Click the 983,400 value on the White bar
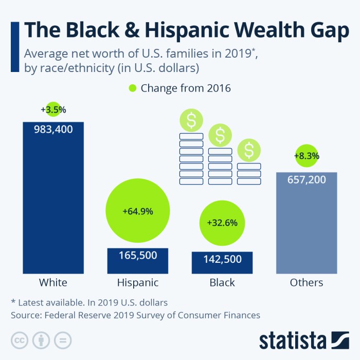click(x=53, y=130)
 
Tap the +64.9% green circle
click(x=137, y=211)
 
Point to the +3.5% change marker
click(x=53, y=110)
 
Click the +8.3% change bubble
click(x=307, y=155)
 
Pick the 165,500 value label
click(x=137, y=255)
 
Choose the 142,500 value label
click(x=222, y=259)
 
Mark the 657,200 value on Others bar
click(x=307, y=180)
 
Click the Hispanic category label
click(x=137, y=282)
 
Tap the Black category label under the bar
click(x=222, y=282)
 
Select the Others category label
click(x=307, y=282)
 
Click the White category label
click(x=53, y=282)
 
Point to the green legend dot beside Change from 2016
click(x=133, y=88)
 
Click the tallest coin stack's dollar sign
click(x=191, y=121)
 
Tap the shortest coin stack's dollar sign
click(x=249, y=151)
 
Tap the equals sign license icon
click(x=62, y=340)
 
